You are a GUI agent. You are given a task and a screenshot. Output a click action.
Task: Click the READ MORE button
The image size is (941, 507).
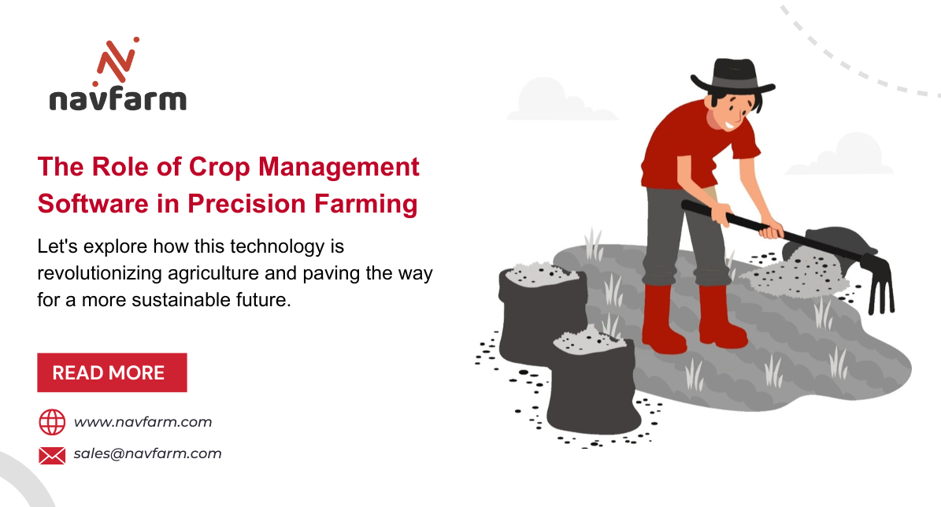pos(112,372)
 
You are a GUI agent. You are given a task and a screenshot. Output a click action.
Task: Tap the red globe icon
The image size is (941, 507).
pos(52,422)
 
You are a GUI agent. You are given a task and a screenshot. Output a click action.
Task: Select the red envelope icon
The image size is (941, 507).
pos(52,454)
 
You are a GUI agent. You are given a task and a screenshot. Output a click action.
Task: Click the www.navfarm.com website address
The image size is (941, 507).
pos(143,422)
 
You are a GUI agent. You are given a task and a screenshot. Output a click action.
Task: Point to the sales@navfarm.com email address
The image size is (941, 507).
pos(148,453)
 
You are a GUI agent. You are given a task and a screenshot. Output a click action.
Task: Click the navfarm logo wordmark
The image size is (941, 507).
pos(117,100)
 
